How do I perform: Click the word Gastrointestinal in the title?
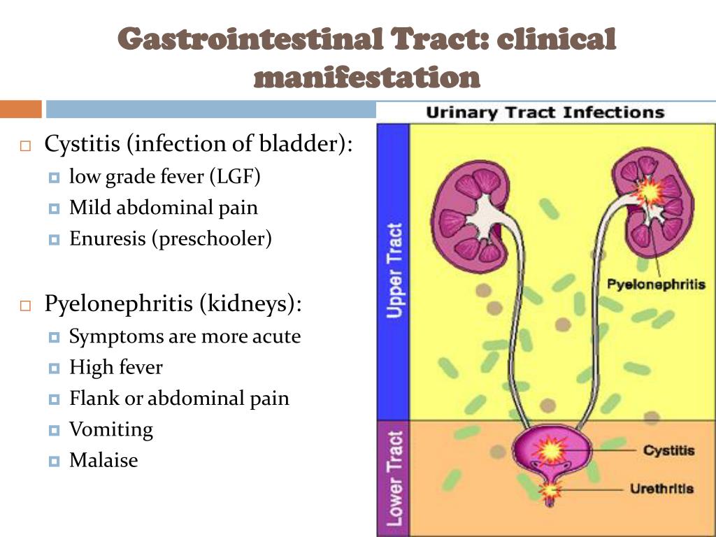point(250,38)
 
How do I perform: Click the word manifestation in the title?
point(366,77)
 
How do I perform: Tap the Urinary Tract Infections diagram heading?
point(545,113)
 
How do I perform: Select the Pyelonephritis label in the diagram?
point(656,285)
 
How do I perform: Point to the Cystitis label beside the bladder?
point(668,450)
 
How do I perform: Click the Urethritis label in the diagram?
point(661,489)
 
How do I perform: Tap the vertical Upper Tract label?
point(394,271)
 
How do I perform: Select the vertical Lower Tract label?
point(394,478)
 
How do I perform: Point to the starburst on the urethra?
point(550,490)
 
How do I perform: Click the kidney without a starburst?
point(471,217)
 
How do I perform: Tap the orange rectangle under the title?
point(20,109)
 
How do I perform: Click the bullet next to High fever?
point(54,368)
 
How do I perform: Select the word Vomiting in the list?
point(111,430)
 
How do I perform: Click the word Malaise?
point(103,460)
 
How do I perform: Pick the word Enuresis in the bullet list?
point(107,238)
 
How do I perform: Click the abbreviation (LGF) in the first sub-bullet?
point(235,177)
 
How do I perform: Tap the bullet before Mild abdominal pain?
point(54,208)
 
